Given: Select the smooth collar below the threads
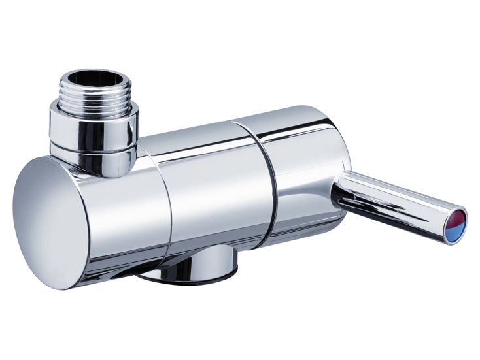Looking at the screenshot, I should (x=95, y=127).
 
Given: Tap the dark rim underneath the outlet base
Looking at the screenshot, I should (x=190, y=280).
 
